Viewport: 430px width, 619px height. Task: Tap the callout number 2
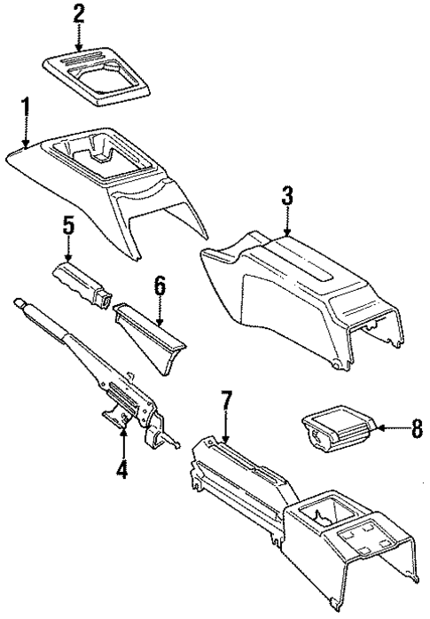[x=79, y=13]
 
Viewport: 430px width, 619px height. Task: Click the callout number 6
[x=160, y=285]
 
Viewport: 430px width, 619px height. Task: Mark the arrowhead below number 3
[x=286, y=234]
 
